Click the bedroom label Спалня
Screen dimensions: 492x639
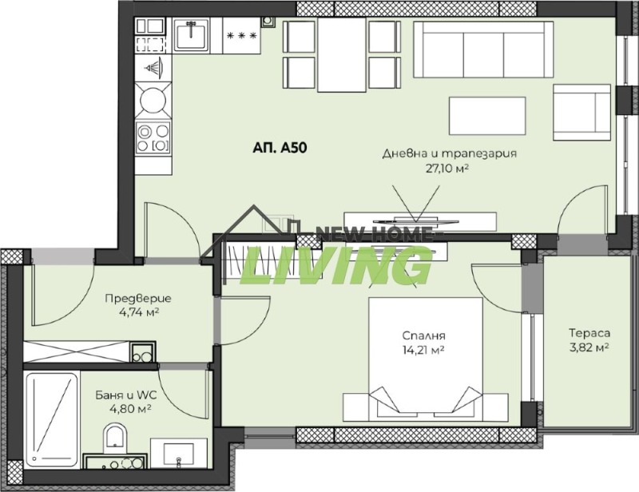pyautogui.click(x=424, y=336)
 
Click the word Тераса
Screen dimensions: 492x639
pyautogui.click(x=589, y=333)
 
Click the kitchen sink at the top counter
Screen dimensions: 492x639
pyautogui.click(x=190, y=36)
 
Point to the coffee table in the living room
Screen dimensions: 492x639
pyautogui.click(x=487, y=117)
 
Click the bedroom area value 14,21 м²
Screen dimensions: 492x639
pyautogui.click(x=423, y=350)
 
